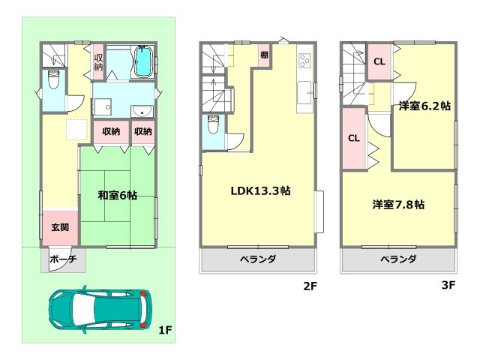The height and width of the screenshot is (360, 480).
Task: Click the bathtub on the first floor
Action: click(x=142, y=62)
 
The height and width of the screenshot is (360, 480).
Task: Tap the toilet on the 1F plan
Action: click(x=53, y=79)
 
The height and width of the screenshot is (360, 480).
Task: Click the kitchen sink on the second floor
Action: click(x=305, y=94)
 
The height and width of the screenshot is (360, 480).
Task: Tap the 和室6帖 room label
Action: click(x=117, y=195)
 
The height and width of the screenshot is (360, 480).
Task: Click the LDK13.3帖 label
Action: click(x=260, y=190)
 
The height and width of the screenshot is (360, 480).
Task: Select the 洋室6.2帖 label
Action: click(x=424, y=106)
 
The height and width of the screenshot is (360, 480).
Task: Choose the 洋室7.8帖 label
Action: click(x=399, y=203)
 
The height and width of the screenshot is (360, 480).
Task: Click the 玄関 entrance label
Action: click(x=60, y=226)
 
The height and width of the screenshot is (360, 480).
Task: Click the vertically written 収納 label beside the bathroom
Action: click(x=98, y=63)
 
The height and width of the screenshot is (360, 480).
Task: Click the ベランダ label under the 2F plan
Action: click(x=259, y=259)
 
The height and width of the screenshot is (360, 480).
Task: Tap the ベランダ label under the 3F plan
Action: click(x=398, y=259)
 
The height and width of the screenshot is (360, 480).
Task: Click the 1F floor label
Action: click(x=166, y=329)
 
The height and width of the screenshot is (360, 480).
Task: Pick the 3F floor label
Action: click(x=448, y=285)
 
